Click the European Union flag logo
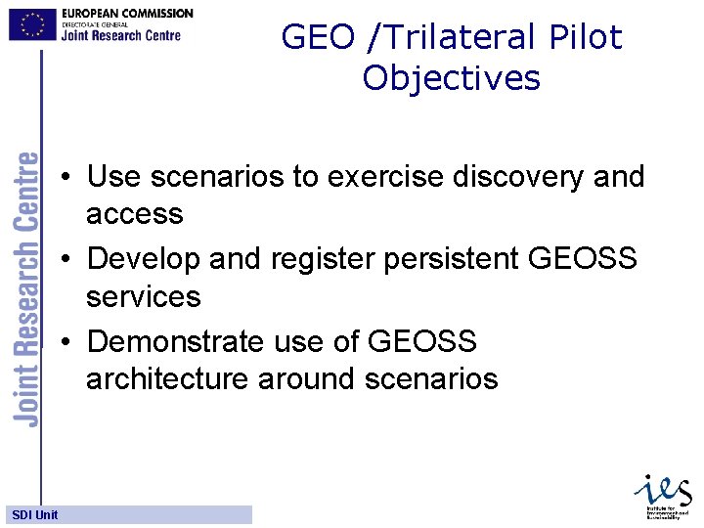32,23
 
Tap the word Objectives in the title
451,77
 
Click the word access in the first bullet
134,214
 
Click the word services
143,296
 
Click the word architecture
167,378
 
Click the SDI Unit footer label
34,514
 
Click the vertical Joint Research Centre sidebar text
28,288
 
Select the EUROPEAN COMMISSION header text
127,13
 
